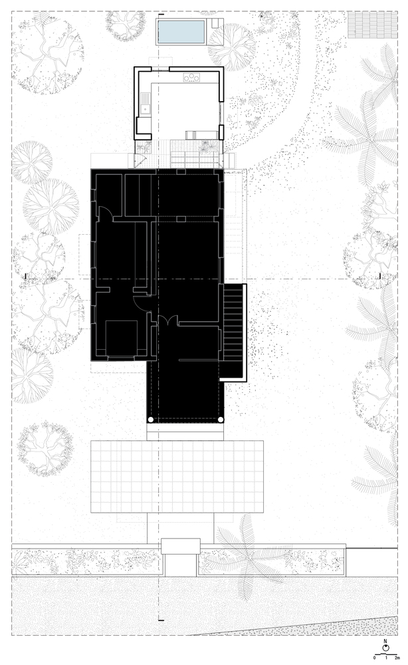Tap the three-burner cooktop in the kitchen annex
pyautogui.click(x=191, y=77)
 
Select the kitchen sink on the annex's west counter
pyautogui.click(x=146, y=104)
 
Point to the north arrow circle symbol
pyautogui.click(x=385, y=648)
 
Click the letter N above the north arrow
pyautogui.click(x=385, y=641)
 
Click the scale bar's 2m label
pyautogui.click(x=397, y=657)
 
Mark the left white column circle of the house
pyautogui.click(x=150, y=420)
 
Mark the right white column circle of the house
pyautogui.click(x=221, y=420)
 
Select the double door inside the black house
pyautogui.click(x=169, y=321)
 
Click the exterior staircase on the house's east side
pyautogui.click(x=233, y=333)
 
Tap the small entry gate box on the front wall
pyautogui.click(x=181, y=546)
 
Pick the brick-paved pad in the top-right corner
pyautogui.click(x=372, y=25)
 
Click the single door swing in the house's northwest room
pyautogui.click(x=106, y=213)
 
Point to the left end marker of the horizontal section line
pyautogui.click(x=27, y=277)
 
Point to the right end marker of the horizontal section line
pyautogui.click(x=380, y=277)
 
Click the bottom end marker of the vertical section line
pyautogui.click(x=161, y=620)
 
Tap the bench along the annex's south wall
pyautogui.click(x=201, y=135)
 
